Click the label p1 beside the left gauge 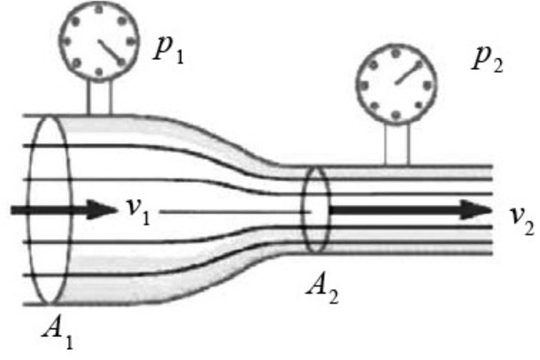point(168,51)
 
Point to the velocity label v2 point(523,222)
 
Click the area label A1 point(58,333)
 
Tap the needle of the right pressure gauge point(408,72)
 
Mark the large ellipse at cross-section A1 point(29,210)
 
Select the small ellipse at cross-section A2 point(302,210)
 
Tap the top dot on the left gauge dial point(99,9)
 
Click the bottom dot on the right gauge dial point(396,114)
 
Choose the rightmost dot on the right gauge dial point(427,85)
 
